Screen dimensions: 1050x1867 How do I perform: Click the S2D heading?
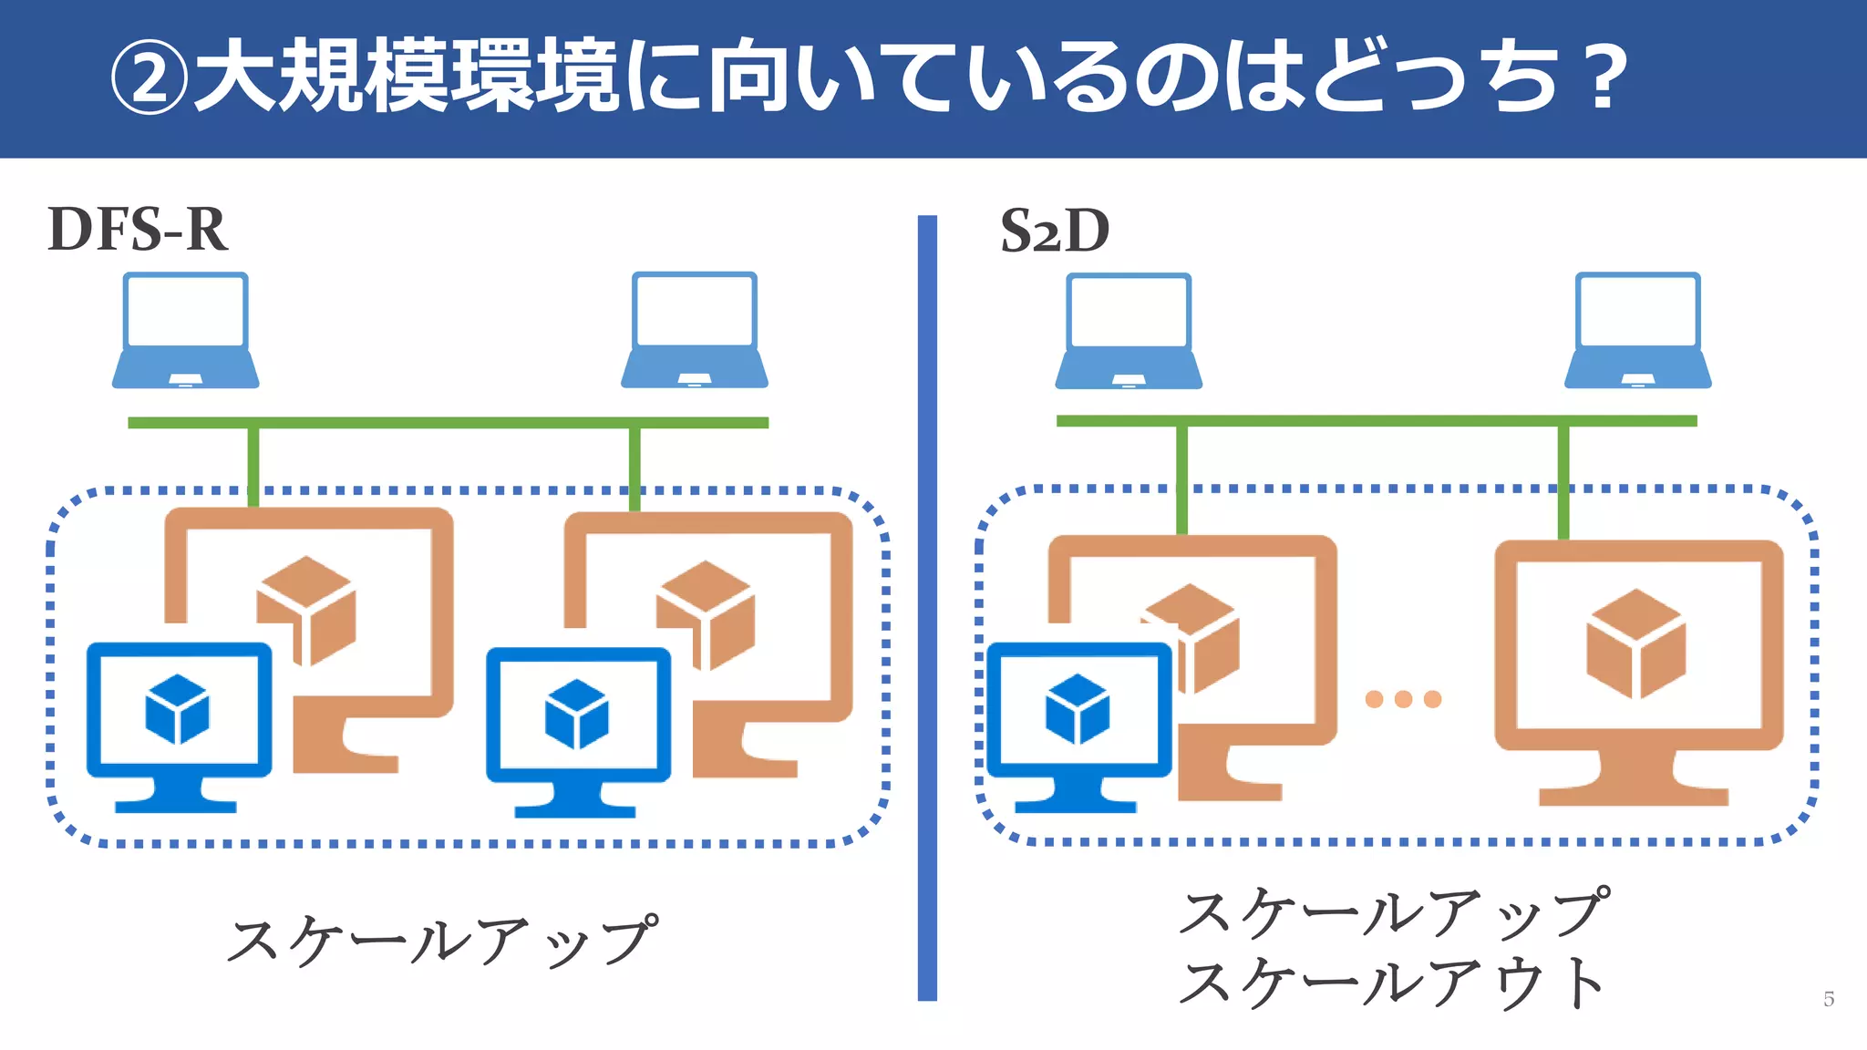pyautogui.click(x=1055, y=231)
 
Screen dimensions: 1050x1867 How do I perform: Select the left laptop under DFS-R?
pyautogui.click(x=186, y=330)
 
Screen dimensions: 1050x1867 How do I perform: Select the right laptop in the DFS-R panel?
pyautogui.click(x=695, y=330)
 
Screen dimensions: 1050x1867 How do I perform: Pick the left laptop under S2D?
pyautogui.click(x=1129, y=331)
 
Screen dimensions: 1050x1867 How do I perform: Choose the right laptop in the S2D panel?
pyautogui.click(x=1638, y=330)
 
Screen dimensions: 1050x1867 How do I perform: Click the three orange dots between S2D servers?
pyautogui.click(x=1403, y=699)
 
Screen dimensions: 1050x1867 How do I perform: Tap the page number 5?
pyautogui.click(x=1829, y=999)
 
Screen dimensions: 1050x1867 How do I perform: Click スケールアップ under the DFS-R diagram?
pyautogui.click(x=442, y=941)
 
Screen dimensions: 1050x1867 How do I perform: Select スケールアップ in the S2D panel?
pyautogui.click(x=1393, y=912)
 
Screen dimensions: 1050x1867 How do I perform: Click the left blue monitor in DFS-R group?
pyautogui.click(x=179, y=725)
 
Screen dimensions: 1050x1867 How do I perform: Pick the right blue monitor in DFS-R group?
pyautogui.click(x=578, y=729)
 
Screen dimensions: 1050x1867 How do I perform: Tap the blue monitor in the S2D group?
pyautogui.click(x=1079, y=725)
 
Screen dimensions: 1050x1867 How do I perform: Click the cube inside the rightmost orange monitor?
pyautogui.click(x=1636, y=643)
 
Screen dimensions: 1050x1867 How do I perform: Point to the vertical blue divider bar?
pyautogui.click(x=927, y=607)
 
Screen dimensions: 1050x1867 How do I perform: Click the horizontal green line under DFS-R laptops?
pyautogui.click(x=448, y=423)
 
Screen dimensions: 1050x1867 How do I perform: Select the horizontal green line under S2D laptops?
pyautogui.click(x=1377, y=421)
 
